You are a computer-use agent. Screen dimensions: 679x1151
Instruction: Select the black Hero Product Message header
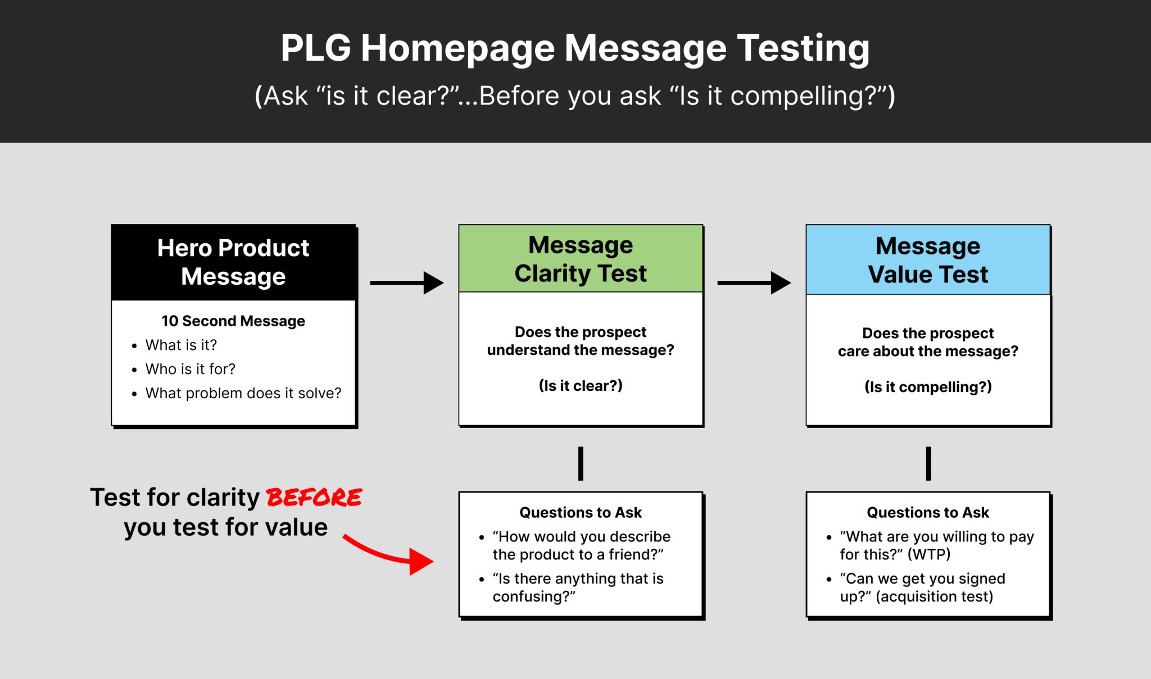(x=233, y=262)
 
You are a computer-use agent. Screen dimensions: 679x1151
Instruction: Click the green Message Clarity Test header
(x=581, y=259)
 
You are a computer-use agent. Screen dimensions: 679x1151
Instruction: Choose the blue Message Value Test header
(x=928, y=260)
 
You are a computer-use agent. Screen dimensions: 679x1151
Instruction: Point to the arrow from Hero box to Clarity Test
(x=407, y=283)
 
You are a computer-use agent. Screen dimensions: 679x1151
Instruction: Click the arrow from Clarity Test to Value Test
(x=754, y=283)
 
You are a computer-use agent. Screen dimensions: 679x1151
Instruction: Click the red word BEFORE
(x=314, y=498)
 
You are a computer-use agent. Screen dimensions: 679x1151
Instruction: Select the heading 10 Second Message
(x=233, y=321)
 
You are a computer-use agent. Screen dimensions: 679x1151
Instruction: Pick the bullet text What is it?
(x=181, y=345)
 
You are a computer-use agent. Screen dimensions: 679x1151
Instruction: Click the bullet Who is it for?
(x=190, y=369)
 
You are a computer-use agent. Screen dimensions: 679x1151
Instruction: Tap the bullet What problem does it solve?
(x=243, y=393)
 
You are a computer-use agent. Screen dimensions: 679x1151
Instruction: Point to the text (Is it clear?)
(x=581, y=386)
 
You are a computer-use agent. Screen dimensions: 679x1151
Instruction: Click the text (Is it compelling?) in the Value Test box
(x=928, y=387)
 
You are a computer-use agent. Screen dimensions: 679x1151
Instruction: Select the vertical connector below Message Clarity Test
(x=581, y=463)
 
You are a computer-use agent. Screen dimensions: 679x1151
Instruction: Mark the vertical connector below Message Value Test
(x=928, y=463)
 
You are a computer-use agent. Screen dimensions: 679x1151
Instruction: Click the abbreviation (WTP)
(x=929, y=554)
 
